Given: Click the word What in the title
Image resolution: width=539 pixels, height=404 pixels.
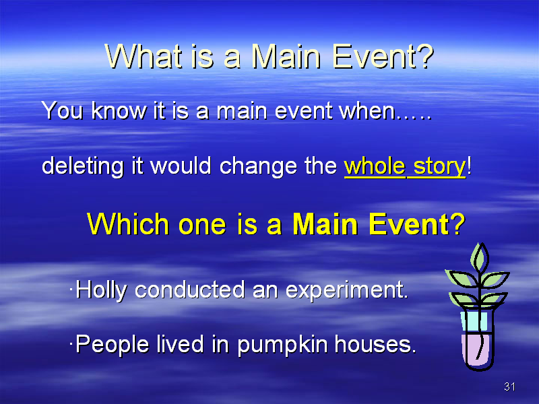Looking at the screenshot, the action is coord(144,56).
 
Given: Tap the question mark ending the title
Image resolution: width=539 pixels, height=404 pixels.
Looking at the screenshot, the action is coord(426,56).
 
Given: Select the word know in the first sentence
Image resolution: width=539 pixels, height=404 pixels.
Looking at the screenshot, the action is coord(119,110).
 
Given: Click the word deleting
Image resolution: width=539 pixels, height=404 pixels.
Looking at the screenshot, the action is coord(82,166).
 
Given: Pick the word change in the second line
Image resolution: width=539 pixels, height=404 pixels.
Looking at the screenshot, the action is coord(258,166).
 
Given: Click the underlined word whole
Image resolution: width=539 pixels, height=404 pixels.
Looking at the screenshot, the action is coord(375,166).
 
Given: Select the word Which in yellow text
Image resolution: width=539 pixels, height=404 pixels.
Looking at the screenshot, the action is coord(128,224).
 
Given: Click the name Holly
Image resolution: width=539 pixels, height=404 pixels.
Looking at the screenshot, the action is coord(101,290).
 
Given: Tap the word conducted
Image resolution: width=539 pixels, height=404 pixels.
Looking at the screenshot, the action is coord(190,290).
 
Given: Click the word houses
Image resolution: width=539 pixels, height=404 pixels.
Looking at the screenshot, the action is coord(375,344).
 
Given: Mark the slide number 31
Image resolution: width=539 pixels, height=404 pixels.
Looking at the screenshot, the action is coord(509,386).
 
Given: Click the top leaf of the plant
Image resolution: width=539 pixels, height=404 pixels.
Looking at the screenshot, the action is coord(480,258).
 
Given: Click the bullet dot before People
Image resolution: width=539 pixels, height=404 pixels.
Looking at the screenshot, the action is coord(71,343).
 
